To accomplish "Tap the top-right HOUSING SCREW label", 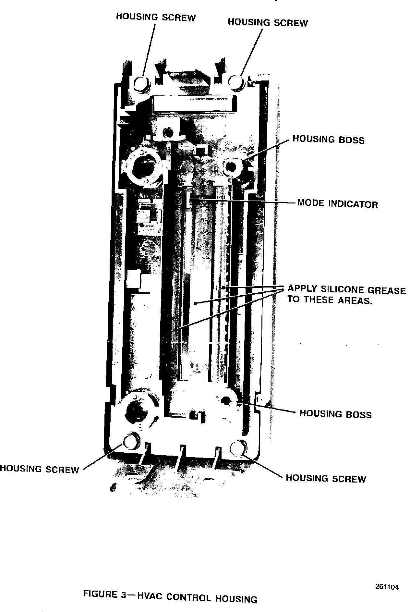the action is point(268,22).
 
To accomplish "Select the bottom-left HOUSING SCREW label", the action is point(39,469).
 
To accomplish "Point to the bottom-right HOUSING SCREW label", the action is point(326,479).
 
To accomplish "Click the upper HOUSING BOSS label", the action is point(328,140).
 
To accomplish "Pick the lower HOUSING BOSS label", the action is point(335,414).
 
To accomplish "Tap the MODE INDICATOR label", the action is point(337,204).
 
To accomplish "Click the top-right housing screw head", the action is point(236,81).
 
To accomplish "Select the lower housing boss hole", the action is point(225,401).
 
